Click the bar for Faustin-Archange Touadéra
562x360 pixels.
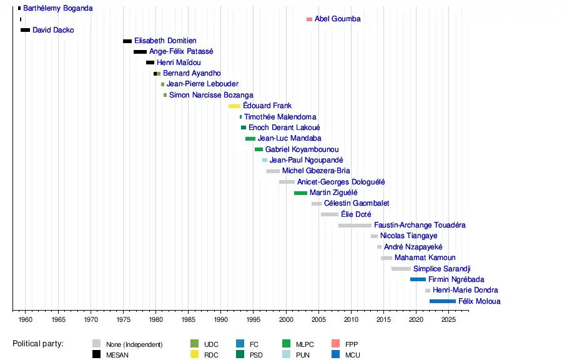(355, 226)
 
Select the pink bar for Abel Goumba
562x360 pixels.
(309, 19)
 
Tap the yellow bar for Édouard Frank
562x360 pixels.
(234, 106)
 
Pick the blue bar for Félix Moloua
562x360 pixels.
(442, 301)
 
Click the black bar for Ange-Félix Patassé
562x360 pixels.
(140, 52)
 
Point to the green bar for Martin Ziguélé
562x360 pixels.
(300, 193)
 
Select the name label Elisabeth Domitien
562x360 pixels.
(165, 41)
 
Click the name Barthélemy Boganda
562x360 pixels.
(58, 9)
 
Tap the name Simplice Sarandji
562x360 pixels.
(441, 269)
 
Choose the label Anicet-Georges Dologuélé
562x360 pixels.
(341, 182)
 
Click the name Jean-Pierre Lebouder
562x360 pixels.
(202, 84)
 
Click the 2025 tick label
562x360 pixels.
(448, 320)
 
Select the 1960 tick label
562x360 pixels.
(26, 320)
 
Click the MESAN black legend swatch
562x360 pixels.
(97, 355)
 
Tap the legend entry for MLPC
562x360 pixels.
(305, 344)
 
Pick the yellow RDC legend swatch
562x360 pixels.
(194, 355)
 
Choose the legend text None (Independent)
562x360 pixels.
(134, 344)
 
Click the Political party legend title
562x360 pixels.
(42, 344)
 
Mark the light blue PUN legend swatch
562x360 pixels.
(287, 355)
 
